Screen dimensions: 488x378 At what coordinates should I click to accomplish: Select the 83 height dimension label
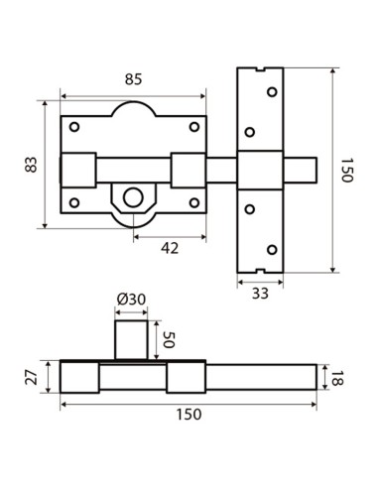click(x=30, y=165)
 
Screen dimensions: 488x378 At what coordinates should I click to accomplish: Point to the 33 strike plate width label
click(x=260, y=294)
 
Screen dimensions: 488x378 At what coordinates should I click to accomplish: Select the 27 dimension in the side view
click(x=32, y=377)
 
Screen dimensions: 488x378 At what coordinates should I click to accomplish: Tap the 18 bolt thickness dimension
click(x=339, y=377)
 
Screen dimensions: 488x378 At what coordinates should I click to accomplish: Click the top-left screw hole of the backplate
click(x=74, y=127)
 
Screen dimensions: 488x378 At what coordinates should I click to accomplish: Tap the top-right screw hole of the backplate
click(x=194, y=126)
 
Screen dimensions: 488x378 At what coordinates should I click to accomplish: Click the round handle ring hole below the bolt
click(x=130, y=197)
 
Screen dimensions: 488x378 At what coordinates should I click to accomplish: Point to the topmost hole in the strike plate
click(x=272, y=91)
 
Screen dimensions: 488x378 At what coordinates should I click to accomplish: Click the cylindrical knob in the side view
click(x=133, y=339)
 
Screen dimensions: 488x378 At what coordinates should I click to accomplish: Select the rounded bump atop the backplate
click(x=134, y=109)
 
